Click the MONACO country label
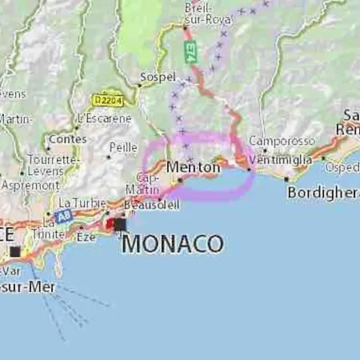172,243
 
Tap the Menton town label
194,167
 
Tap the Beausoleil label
154,206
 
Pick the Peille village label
123,148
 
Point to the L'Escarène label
104,118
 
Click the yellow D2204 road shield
106,99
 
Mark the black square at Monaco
120,225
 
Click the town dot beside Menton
181,180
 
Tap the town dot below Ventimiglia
250,169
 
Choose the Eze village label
86,237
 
